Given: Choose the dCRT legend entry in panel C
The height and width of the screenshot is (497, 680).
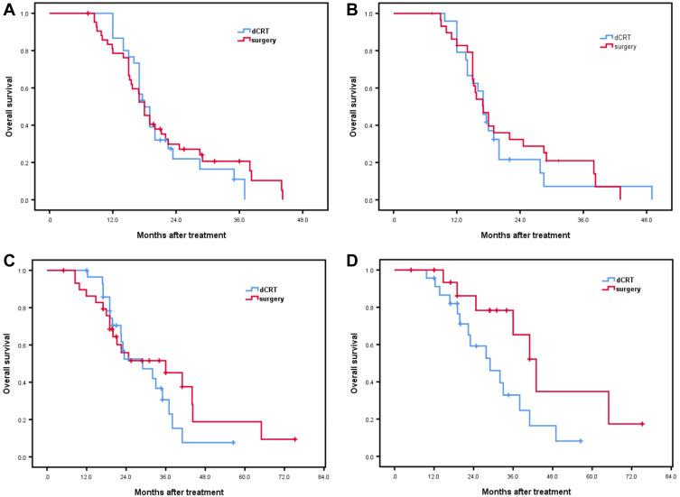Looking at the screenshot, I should pos(264,289).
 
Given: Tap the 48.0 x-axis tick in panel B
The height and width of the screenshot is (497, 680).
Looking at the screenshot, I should pos(646,219).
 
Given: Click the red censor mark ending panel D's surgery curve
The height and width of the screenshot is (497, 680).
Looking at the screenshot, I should pos(642,424).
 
